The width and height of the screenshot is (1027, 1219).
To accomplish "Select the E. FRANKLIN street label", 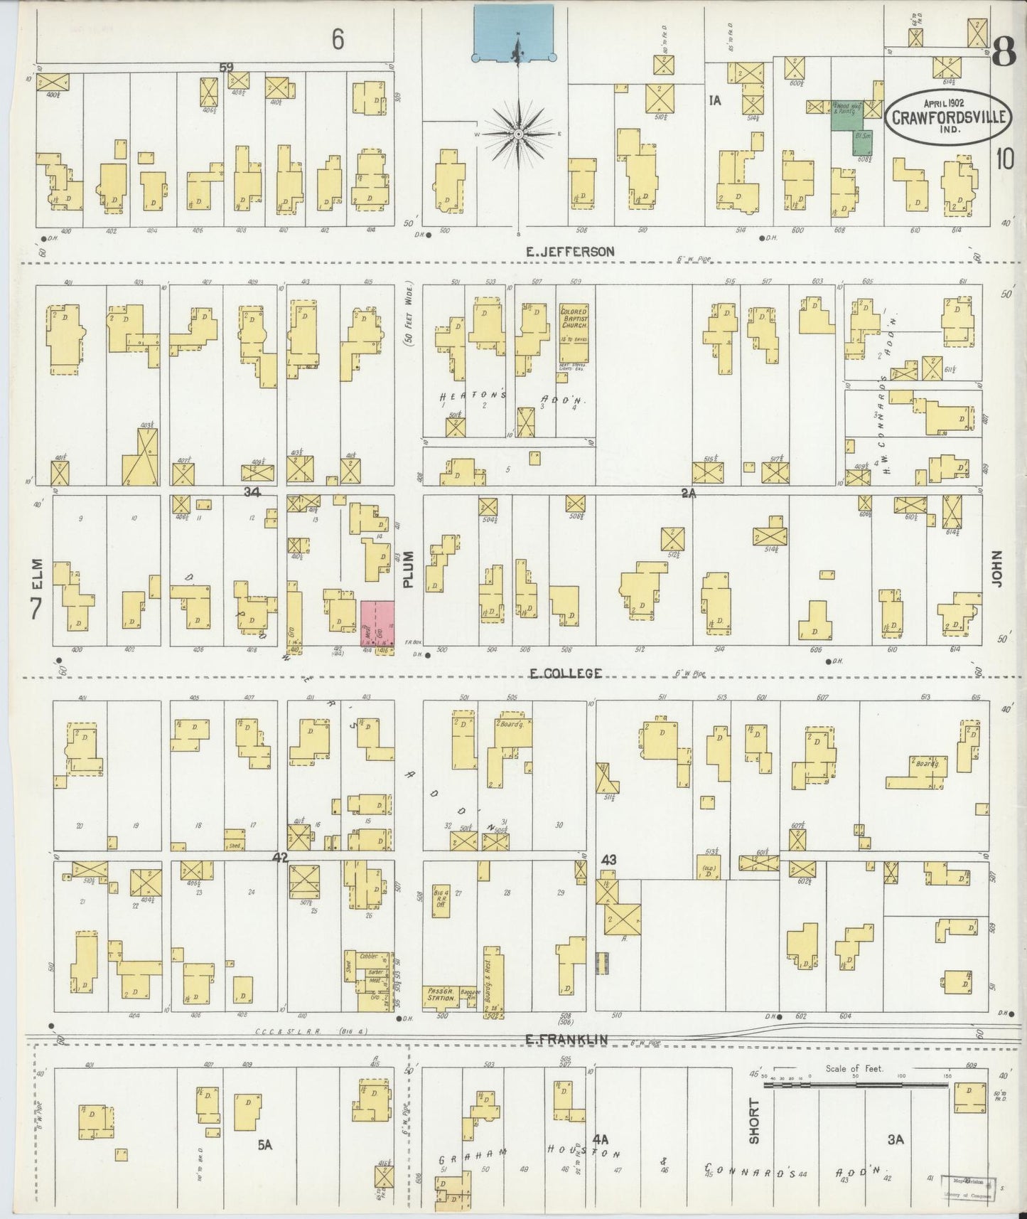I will [567, 1039].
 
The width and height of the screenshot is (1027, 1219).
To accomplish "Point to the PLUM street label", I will [409, 570].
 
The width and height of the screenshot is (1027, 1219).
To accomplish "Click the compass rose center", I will [519, 134].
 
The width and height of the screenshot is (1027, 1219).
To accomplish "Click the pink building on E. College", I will [377, 624].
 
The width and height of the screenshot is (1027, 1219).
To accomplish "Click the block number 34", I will [252, 492].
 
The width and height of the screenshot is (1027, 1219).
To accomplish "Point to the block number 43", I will [608, 859].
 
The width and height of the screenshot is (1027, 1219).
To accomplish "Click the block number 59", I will [227, 68].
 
